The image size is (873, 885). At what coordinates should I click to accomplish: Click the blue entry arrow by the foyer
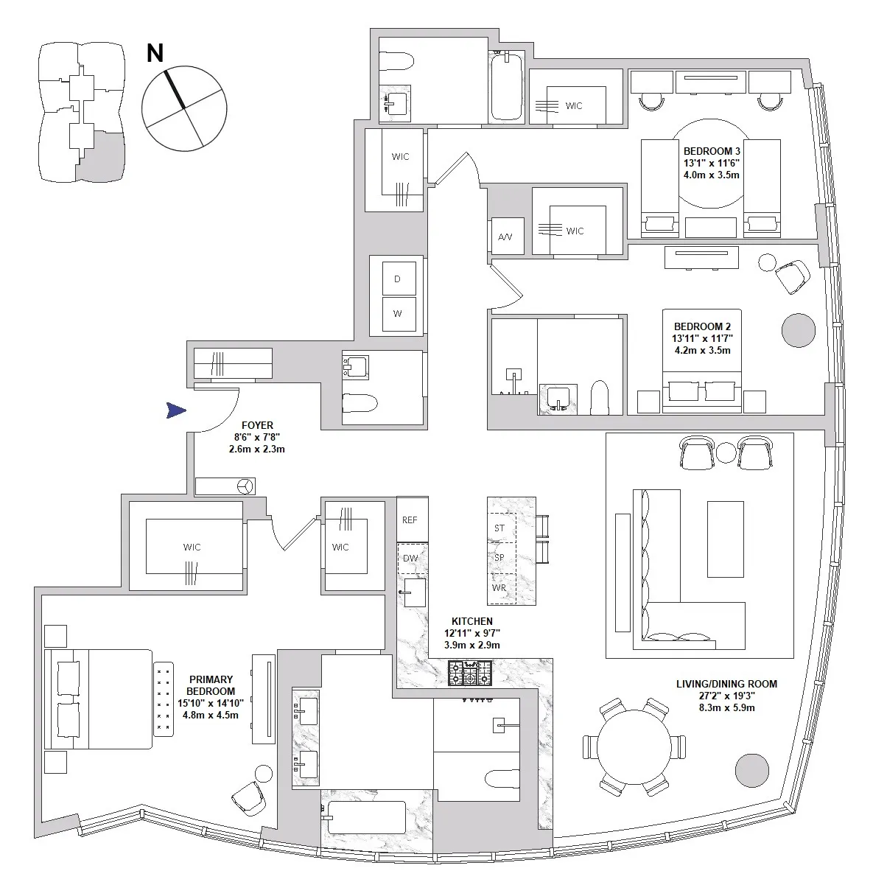(x=175, y=411)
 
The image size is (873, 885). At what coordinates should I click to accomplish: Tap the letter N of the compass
(x=155, y=54)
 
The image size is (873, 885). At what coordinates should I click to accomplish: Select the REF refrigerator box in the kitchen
(x=410, y=520)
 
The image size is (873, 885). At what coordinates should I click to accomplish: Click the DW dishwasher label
(x=410, y=558)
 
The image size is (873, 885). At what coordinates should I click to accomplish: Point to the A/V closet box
(x=505, y=237)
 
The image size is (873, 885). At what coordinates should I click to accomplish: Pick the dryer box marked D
(x=398, y=279)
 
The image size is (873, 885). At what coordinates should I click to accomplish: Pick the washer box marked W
(x=398, y=314)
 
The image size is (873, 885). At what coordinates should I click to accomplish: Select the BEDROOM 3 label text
(x=711, y=150)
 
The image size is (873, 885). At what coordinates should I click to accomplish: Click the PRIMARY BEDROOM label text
(x=211, y=685)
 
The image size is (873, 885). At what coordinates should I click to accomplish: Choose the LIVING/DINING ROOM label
(x=726, y=684)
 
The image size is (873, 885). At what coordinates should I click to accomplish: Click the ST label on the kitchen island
(x=499, y=528)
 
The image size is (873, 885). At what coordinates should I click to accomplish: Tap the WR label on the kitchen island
(x=499, y=588)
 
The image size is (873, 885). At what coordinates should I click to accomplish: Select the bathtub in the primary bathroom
(x=365, y=818)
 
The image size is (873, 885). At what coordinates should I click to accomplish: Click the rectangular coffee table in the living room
(x=726, y=539)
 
